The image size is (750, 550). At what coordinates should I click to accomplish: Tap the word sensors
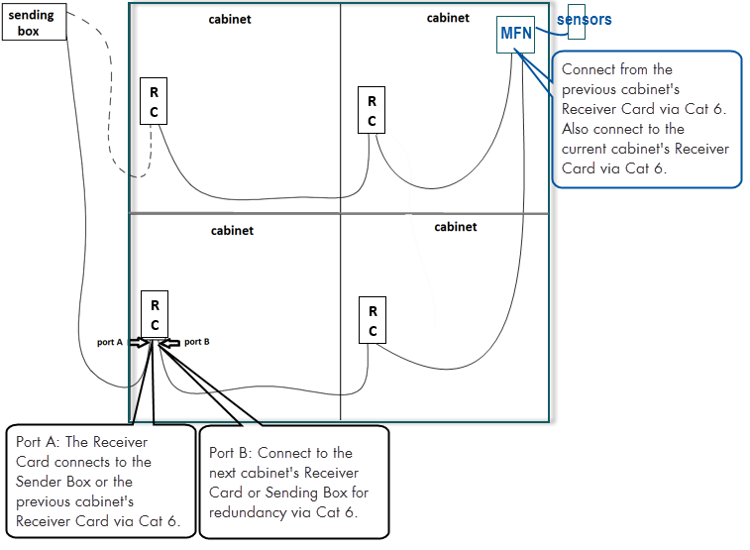pyautogui.click(x=584, y=20)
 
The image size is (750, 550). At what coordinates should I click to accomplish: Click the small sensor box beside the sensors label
pyautogui.click(x=576, y=26)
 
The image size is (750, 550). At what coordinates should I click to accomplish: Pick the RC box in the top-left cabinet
pyautogui.click(x=154, y=101)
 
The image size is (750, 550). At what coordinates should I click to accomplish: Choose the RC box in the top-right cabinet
pyautogui.click(x=372, y=111)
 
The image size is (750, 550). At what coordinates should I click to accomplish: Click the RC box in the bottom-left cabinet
pyautogui.click(x=155, y=315)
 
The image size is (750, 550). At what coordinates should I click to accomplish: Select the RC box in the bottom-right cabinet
pyautogui.click(x=373, y=319)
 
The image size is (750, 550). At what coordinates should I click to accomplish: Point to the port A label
pyautogui.click(x=109, y=342)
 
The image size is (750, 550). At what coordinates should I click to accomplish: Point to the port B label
pyautogui.click(x=196, y=342)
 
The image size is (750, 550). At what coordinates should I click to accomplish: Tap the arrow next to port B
pyautogui.click(x=170, y=342)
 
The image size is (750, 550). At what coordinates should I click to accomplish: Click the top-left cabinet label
pyautogui.click(x=230, y=19)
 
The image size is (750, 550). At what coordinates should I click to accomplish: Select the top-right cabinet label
pyautogui.click(x=448, y=18)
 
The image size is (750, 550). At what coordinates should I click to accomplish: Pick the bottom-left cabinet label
pyautogui.click(x=232, y=231)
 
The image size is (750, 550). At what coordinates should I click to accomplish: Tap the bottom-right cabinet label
pyautogui.click(x=456, y=227)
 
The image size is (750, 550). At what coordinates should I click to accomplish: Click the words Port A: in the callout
pyautogui.click(x=37, y=442)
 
